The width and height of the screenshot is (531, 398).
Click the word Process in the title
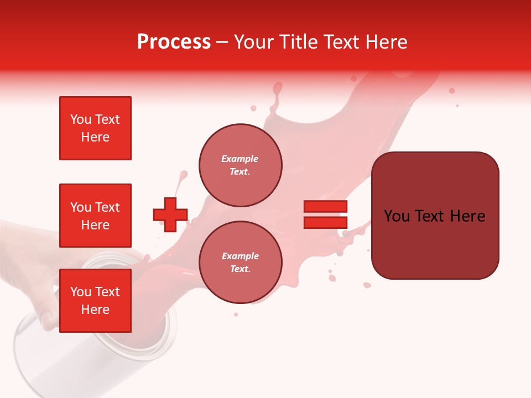click(x=174, y=42)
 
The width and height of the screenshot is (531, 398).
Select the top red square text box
click(x=95, y=128)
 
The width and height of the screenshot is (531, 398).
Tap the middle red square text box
click(x=95, y=216)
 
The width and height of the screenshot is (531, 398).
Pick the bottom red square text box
click(x=95, y=301)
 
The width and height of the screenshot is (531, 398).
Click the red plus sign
click(x=170, y=215)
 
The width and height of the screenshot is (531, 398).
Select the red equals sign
click(x=325, y=214)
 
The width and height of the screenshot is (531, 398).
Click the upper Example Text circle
click(x=240, y=165)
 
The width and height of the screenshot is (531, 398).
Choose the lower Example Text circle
click(x=240, y=263)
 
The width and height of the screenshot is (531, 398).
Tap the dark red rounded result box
click(x=435, y=216)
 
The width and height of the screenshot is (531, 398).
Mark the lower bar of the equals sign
click(x=325, y=222)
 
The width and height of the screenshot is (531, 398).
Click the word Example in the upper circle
click(x=240, y=159)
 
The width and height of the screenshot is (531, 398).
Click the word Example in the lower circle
click(x=240, y=256)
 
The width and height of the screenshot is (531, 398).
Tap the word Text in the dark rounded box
click(x=430, y=216)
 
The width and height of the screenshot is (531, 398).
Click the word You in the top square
click(x=80, y=119)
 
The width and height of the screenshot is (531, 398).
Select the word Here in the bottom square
click(x=95, y=310)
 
